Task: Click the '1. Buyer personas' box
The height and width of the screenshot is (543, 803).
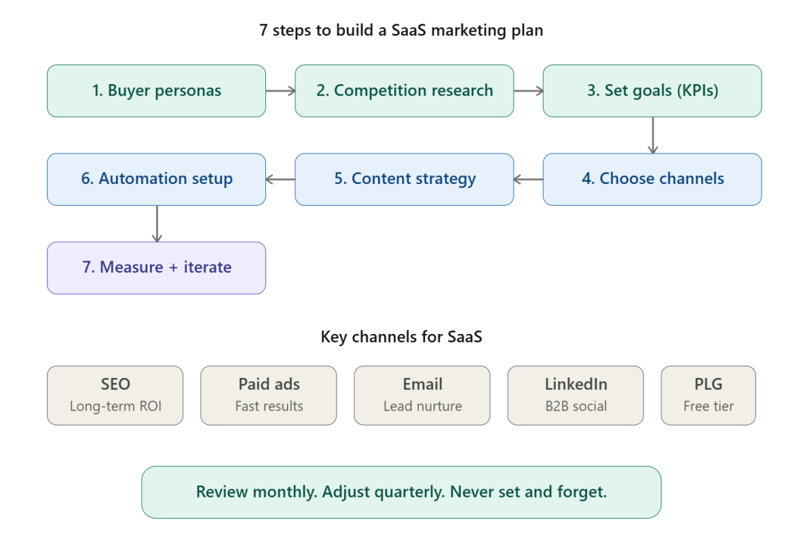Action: pos(156,91)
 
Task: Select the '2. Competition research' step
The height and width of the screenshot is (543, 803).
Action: pos(404,91)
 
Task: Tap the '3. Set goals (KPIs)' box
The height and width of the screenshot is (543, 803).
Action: pos(652,91)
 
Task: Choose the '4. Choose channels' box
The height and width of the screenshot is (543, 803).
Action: pos(652,179)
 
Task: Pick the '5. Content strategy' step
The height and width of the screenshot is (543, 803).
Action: pos(404,179)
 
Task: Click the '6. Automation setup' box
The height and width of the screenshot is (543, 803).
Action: pos(156,179)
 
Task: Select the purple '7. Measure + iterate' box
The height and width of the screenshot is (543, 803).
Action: pos(156,267)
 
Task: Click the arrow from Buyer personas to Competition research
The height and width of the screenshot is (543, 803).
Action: pos(280,91)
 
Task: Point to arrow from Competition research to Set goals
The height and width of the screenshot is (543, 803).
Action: pos(528,91)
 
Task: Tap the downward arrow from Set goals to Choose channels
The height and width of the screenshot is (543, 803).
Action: pos(652,135)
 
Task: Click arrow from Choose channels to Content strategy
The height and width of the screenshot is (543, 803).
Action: pos(528,179)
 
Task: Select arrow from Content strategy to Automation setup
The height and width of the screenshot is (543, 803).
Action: pos(280,179)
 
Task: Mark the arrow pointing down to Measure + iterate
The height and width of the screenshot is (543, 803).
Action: pos(157,223)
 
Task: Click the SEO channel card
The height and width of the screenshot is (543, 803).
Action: pos(115,395)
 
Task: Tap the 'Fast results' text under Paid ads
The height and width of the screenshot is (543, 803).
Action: pos(269,407)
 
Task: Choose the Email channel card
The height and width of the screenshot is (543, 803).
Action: pos(422,395)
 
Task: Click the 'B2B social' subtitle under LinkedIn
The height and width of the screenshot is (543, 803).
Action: pos(576,407)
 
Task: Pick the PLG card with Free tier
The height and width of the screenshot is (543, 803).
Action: pos(708,395)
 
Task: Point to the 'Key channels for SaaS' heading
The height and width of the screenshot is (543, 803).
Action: pos(401,337)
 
